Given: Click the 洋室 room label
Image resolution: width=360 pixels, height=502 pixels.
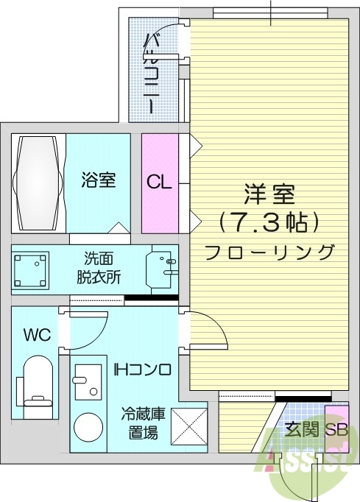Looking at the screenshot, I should (269, 195).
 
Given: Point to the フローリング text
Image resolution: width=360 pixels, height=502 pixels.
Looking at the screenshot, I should (269, 252).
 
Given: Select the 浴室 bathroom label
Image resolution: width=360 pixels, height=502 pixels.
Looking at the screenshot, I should (98, 180).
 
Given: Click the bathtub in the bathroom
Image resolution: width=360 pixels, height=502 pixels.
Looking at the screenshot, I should (39, 182).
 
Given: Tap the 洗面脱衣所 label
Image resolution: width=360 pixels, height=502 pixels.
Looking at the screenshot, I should (99, 268).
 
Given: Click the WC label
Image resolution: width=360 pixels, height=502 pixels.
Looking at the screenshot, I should (36, 336).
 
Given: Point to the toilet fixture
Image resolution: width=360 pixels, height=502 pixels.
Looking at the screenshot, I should (36, 383).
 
